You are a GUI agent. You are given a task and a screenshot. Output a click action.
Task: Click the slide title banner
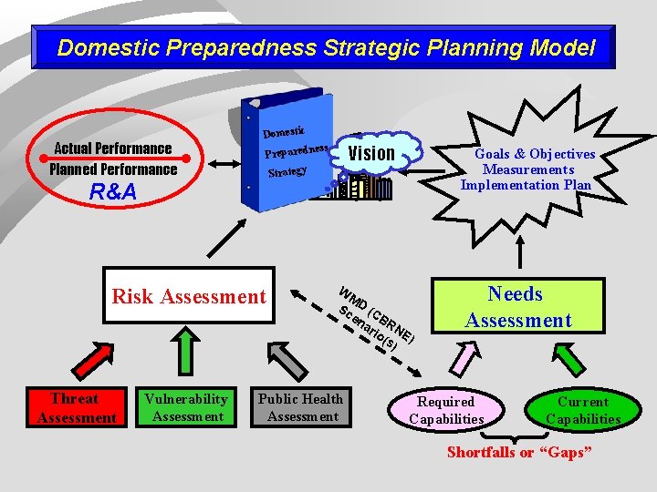coord(326,47)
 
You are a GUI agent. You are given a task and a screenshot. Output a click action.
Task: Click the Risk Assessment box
coord(189,295)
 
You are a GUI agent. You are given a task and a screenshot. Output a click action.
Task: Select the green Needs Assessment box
coord(517,306)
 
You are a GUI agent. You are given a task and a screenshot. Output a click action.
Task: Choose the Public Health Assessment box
coord(301,407)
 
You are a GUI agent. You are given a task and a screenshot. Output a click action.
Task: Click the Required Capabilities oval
coord(445,410)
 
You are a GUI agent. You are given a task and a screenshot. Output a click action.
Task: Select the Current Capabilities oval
coord(582,410)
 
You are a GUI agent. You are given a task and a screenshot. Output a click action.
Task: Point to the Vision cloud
coord(372,154)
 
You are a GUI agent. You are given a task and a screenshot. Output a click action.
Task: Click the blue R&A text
coord(112,192)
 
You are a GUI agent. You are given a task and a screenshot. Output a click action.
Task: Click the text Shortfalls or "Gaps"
coord(518,453)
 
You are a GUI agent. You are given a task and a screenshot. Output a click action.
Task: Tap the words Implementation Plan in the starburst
coord(526,185)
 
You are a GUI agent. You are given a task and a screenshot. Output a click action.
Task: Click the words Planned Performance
coord(113,169)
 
